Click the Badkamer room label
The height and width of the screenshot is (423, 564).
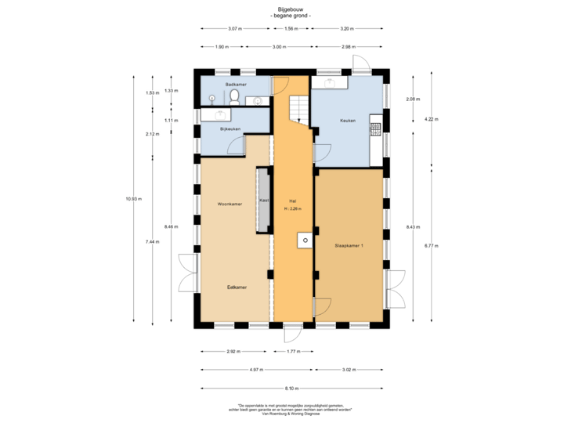[237, 84]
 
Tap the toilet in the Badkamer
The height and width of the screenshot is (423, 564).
[235, 96]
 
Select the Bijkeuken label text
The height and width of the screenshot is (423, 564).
[230, 128]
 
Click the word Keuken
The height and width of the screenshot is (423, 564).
[348, 121]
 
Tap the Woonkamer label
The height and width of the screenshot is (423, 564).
[230, 204]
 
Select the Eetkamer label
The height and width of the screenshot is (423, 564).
[237, 287]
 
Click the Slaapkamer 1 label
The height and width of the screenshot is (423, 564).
[349, 245]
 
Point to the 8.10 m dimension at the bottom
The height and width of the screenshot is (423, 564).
[291, 388]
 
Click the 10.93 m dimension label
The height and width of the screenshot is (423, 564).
[132, 199]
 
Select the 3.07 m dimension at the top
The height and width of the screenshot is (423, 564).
[233, 28]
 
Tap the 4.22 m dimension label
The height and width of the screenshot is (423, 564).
[430, 119]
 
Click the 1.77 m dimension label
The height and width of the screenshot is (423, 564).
[293, 352]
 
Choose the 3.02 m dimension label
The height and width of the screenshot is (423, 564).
[349, 370]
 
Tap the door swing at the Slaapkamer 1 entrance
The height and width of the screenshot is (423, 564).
[321, 307]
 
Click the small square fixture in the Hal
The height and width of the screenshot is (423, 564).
[304, 240]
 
